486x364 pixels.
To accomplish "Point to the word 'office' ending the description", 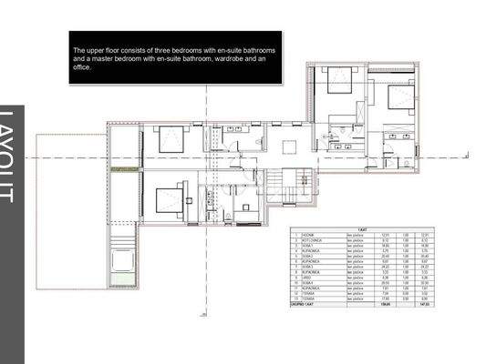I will click(x=88, y=67).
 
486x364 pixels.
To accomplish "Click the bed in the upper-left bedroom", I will click(x=171, y=139).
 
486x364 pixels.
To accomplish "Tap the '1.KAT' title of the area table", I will click(x=361, y=228).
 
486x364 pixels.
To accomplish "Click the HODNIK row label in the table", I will click(x=315, y=235).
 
